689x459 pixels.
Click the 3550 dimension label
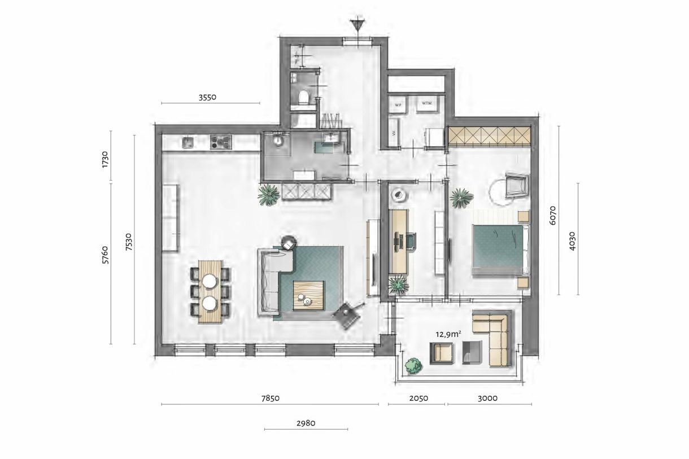tap(208, 97)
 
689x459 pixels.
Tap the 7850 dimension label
tap(270, 397)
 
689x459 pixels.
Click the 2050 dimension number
tap(417, 397)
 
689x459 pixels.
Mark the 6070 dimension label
tap(553, 215)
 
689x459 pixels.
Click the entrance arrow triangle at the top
tap(356, 25)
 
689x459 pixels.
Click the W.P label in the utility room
tap(398, 104)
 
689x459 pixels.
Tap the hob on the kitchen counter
tap(221, 143)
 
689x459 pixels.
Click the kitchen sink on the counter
tap(188, 143)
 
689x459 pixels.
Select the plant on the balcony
tap(414, 365)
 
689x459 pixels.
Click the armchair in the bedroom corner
tap(516, 185)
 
